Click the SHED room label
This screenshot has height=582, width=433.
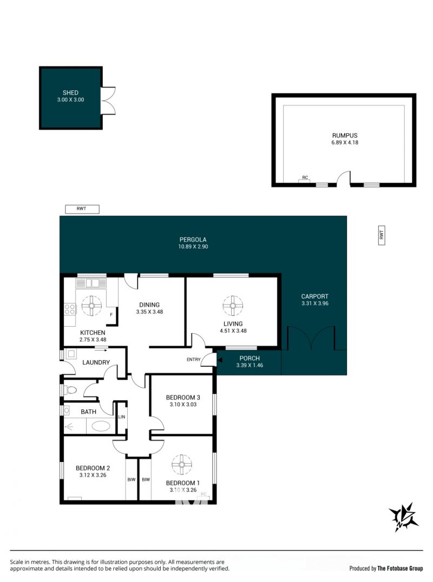click(70, 93)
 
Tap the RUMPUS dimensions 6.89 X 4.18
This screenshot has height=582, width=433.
click(345, 143)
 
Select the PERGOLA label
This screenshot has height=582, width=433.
click(193, 240)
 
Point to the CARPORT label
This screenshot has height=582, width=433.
click(314, 296)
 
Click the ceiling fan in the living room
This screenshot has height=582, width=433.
click(233, 306)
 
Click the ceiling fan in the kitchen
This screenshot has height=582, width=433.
click(91, 306)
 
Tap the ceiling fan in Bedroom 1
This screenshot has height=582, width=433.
click(182, 464)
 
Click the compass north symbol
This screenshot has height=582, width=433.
click(403, 517)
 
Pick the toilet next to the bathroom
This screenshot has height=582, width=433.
click(70, 390)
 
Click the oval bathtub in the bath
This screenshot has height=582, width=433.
click(101, 426)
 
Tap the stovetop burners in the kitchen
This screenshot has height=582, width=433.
click(70, 309)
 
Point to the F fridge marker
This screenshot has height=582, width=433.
click(111, 315)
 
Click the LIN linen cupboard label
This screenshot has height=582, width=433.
click(122, 417)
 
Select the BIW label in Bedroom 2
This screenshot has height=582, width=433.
click(132, 480)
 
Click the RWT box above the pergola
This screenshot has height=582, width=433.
click(82, 209)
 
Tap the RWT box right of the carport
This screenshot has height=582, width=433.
click(381, 235)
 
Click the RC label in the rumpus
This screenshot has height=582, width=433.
click(305, 178)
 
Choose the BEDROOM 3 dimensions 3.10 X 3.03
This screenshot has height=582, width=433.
click(183, 405)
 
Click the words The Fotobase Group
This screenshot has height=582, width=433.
click(400, 568)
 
